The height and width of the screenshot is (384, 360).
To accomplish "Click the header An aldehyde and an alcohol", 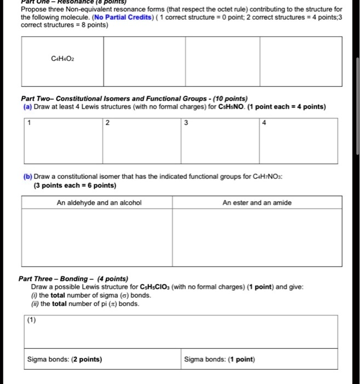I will (99, 203).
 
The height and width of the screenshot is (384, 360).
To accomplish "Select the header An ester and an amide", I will (257, 203).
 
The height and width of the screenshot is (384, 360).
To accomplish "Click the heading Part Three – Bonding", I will (73, 279).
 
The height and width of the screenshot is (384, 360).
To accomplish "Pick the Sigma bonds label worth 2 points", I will (65, 360).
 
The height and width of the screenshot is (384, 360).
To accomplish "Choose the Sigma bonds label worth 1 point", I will (219, 360).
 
